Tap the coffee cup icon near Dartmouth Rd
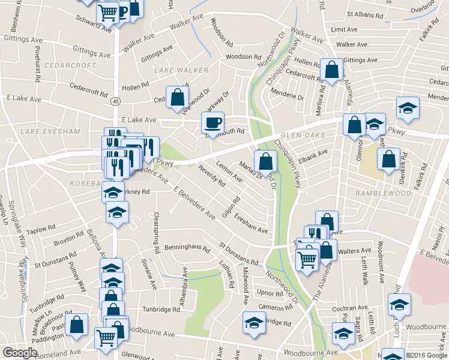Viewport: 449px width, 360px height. (x=212, y=123)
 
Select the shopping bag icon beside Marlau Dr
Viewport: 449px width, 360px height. (x=265, y=161)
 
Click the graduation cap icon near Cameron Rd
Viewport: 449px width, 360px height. (x=254, y=322)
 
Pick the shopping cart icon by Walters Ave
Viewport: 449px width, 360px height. (x=307, y=259)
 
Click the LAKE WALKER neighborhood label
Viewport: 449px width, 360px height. (x=181, y=70)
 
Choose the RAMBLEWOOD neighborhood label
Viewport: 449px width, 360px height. (x=383, y=193)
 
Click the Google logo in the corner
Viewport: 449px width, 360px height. (x=20, y=353)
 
